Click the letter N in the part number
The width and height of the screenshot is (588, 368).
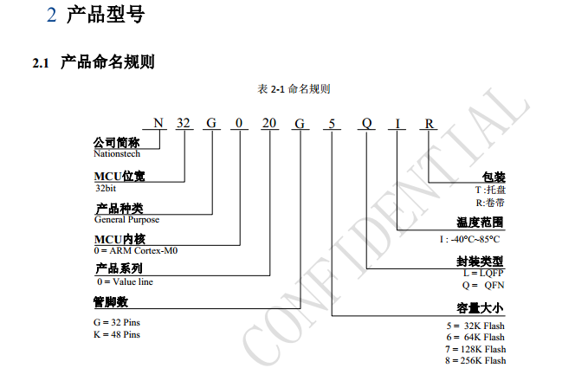158,123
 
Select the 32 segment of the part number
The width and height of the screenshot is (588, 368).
184,123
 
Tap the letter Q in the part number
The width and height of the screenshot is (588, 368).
367,124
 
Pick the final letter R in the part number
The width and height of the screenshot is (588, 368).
429,124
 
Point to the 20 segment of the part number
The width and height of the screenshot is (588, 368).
269,123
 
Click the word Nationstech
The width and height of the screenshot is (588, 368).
117,154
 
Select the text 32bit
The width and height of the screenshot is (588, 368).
106,188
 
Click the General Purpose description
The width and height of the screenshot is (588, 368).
126,220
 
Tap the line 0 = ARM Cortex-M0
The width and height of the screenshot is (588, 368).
136,250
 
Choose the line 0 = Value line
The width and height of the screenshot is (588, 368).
126,281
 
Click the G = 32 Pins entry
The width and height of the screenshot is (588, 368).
117,323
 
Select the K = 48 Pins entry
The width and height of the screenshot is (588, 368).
117,334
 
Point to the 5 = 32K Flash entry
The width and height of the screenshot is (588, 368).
475,326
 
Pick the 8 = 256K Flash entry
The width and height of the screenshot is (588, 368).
475,360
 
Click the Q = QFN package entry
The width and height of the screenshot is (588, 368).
483,286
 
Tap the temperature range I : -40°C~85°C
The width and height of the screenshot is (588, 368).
470,239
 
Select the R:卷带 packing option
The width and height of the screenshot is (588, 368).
490,203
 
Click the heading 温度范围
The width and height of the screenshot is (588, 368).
480,223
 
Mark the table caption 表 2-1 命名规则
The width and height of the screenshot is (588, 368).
294,89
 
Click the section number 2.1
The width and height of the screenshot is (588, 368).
41,63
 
